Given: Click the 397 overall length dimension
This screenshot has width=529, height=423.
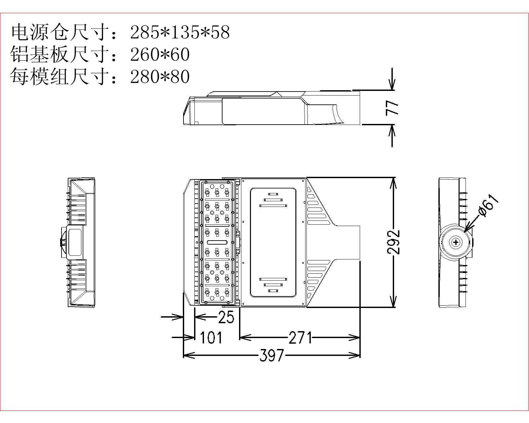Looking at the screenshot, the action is (272, 355).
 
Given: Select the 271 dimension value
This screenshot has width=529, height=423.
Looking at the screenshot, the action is (300, 337).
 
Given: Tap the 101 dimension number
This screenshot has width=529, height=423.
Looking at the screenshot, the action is (211, 337).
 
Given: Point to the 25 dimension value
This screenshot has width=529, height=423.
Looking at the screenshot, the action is (226, 317).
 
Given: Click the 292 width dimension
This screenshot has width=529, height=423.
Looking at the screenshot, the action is (393, 242).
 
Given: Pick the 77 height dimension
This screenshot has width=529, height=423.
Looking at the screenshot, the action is (392, 108).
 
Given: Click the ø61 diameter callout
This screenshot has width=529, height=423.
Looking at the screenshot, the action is (488, 205).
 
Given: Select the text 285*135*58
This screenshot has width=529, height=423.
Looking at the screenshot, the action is (180, 32).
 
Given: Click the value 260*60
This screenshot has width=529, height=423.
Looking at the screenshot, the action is (160, 54).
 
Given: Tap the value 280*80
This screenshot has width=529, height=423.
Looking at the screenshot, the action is (160, 77).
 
